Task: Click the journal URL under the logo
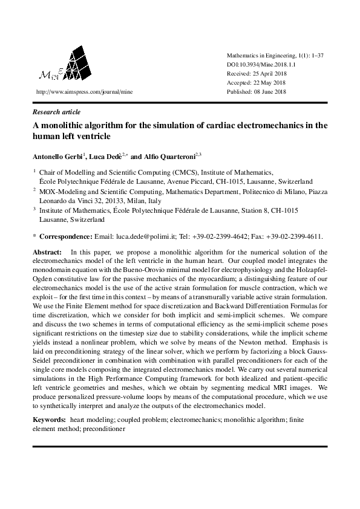click(84, 92)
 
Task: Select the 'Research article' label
click(56, 112)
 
